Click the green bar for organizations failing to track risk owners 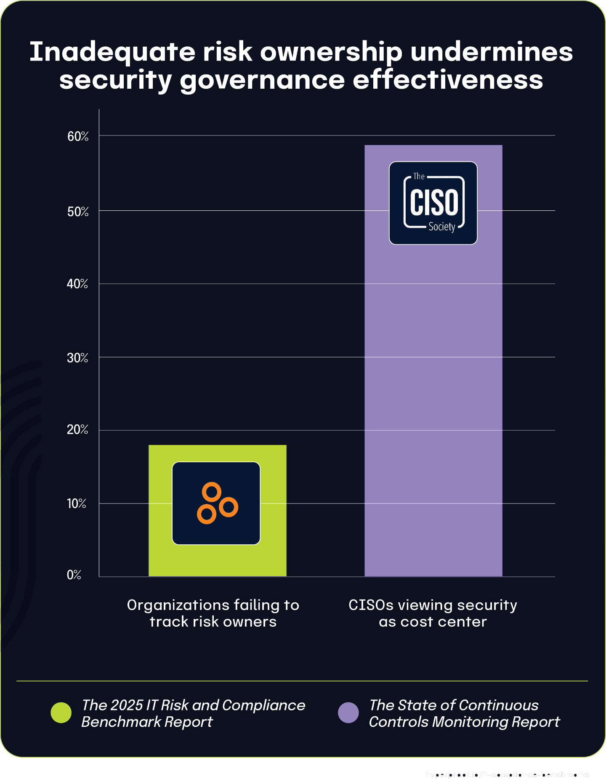tap(217, 559)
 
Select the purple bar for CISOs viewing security tap(433, 379)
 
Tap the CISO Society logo tap(433, 203)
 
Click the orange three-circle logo tap(216, 503)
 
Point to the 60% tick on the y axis tap(78, 136)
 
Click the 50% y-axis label tap(78, 212)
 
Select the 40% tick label tap(77, 284)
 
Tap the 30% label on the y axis tap(77, 358)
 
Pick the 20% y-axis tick tap(77, 430)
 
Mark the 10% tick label tap(77, 503)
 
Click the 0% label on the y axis tap(74, 575)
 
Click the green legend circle tap(61, 713)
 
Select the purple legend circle tap(348, 713)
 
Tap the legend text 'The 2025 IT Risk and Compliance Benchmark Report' tap(193, 713)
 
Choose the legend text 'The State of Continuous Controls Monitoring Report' tap(464, 713)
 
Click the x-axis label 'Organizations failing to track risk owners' tap(213, 613)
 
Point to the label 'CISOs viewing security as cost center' tap(433, 613)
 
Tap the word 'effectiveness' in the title tap(448, 80)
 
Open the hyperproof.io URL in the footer tap(507, 774)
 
